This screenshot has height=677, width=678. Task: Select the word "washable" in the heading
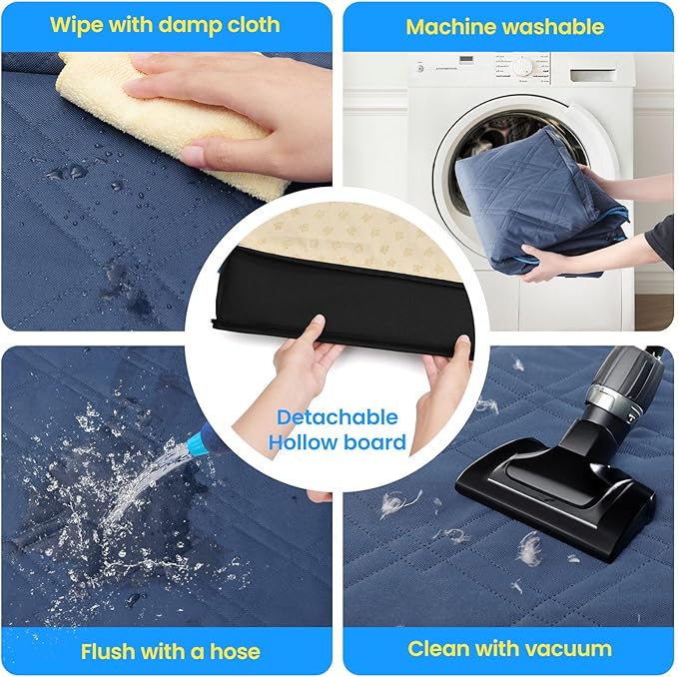point(553,27)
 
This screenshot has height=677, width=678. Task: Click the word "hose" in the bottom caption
point(235,651)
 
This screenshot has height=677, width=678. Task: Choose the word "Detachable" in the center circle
point(338,417)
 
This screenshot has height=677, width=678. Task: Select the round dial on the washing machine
point(523,67)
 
